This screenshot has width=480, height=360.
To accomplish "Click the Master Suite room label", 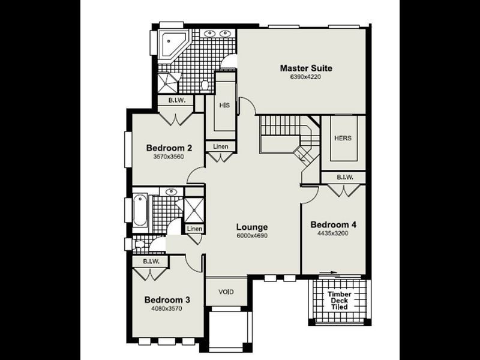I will pos(305,68).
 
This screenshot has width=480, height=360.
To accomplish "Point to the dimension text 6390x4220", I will pos(305,77).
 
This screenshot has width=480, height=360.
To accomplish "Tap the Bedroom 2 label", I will pos(169,148).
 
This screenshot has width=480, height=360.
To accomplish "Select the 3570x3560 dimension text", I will pos(169,157).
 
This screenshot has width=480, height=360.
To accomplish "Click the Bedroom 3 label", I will pos(167,300).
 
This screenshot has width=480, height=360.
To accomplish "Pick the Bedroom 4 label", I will pos(333,224).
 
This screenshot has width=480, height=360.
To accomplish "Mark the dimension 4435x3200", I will pos(333,233).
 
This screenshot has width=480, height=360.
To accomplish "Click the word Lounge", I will pos(251,227).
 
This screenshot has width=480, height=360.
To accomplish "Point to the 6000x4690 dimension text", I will pos(251,236).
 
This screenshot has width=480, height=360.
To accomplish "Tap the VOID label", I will pos(226,292).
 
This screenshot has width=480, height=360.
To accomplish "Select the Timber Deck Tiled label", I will pos(339,301).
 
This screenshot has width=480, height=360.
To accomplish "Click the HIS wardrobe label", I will pos(224,105).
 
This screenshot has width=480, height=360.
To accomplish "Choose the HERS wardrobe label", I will pos(343,138).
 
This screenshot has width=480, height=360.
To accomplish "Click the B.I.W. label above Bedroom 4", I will pos(344,178).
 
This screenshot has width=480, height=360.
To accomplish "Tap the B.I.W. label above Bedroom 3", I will pos(151,262).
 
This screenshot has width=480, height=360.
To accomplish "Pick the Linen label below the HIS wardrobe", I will pos(220,146).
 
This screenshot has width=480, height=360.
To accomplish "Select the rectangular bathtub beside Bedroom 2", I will pos(140,210).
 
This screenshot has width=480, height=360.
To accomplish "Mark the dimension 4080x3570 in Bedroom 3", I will pos(167,309).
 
